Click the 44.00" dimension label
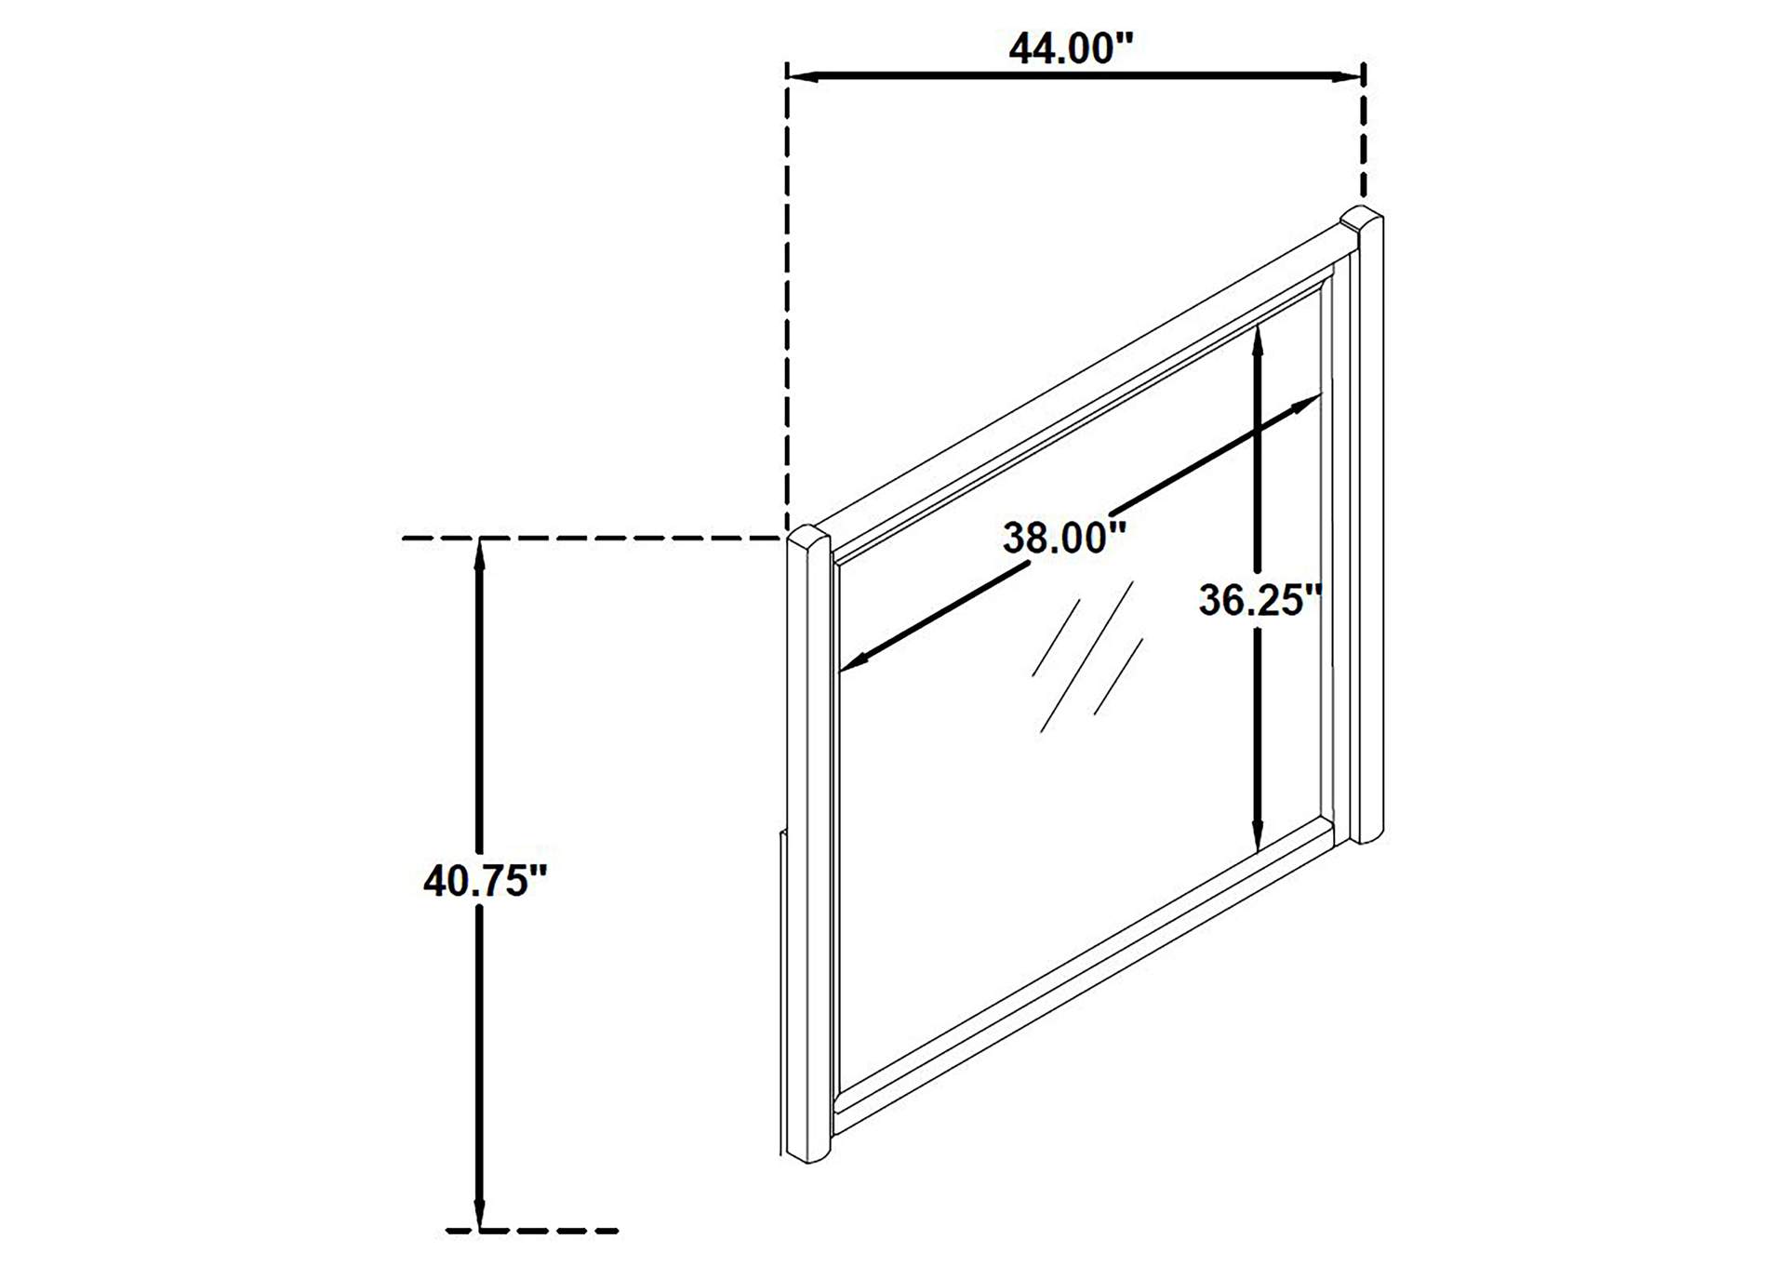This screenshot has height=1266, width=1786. [1072, 48]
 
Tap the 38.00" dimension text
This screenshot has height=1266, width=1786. [1065, 538]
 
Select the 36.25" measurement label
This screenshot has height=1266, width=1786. [1260, 600]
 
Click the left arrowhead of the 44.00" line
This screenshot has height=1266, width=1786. [803, 76]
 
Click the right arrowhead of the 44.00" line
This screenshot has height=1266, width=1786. [1349, 76]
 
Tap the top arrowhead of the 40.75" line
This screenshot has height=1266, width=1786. [479, 553]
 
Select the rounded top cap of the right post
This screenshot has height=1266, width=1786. [1361, 219]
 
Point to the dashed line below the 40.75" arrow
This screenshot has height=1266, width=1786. [532, 1232]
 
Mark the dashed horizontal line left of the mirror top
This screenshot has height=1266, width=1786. [592, 539]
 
